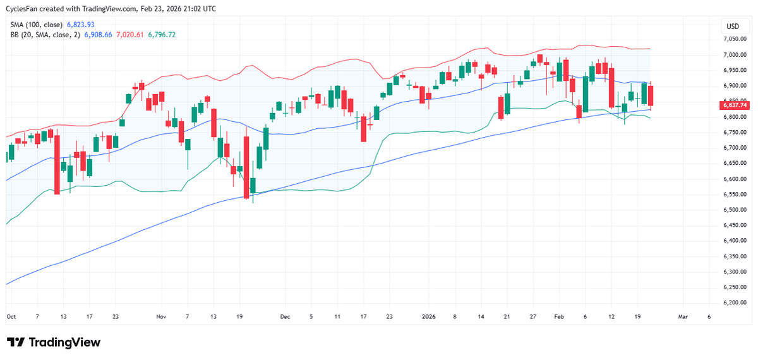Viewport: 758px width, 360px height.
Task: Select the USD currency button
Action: [733, 27]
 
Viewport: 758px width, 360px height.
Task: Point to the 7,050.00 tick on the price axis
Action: [735, 39]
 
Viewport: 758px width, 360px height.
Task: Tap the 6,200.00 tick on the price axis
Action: [735, 303]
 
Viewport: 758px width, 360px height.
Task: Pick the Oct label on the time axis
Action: [11, 316]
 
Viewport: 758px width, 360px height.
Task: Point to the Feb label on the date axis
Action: [558, 316]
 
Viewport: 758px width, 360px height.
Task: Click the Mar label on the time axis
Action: [682, 316]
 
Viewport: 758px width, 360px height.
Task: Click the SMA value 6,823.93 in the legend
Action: [80, 25]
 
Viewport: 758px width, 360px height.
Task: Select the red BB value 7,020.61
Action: [129, 35]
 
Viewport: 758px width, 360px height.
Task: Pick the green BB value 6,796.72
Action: [162, 35]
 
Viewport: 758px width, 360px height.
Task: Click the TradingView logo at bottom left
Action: [54, 342]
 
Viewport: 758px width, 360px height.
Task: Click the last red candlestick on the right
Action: [651, 97]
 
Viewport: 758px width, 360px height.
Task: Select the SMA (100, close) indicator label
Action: [37, 25]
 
